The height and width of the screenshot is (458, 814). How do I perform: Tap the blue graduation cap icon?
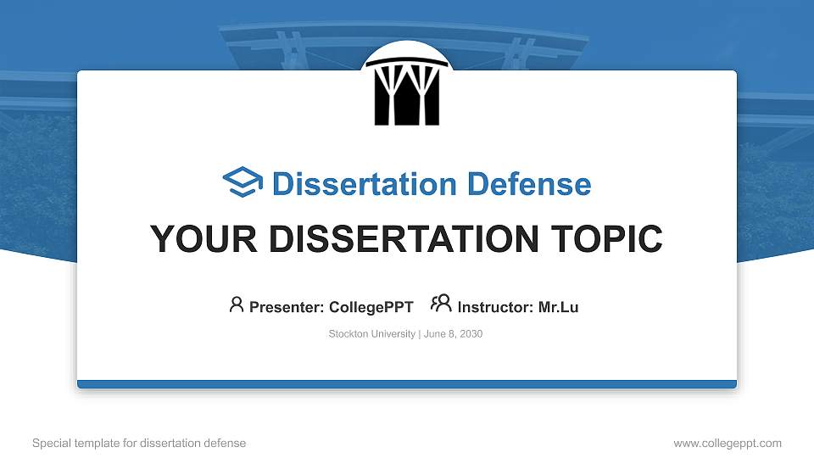tap(243, 183)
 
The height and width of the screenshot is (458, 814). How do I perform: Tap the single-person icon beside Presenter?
tap(237, 304)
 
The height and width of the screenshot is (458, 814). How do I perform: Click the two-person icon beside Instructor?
tap(441, 304)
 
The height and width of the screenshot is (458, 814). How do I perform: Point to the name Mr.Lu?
tap(558, 307)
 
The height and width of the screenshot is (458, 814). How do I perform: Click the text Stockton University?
tap(371, 334)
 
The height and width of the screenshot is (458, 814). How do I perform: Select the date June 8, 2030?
tap(453, 334)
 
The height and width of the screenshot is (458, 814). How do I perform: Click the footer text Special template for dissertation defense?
tap(139, 443)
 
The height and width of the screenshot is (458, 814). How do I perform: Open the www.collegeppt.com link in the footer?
tap(728, 443)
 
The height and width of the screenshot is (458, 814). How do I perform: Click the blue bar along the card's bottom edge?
tap(407, 384)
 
